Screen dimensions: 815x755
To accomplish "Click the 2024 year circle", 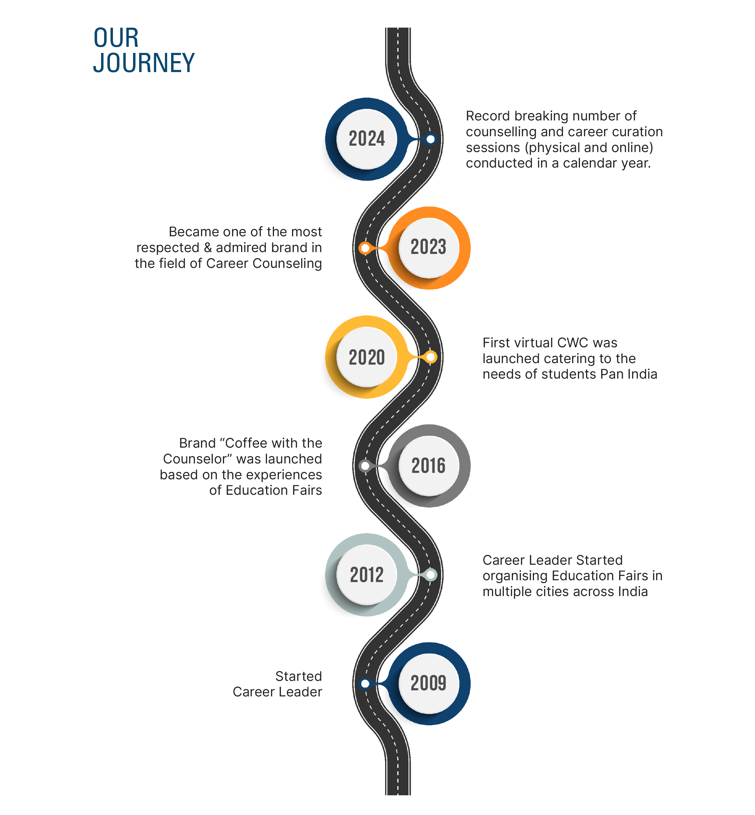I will [x=367, y=139].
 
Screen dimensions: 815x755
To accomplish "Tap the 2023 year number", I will [x=428, y=247].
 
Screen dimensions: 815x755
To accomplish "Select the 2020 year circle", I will [x=367, y=357].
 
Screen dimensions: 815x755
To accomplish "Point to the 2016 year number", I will [x=428, y=466].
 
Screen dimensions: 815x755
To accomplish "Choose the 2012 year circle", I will [x=367, y=575].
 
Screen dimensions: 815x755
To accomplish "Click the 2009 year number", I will [x=428, y=683].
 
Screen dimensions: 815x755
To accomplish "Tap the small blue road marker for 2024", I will [x=430, y=139].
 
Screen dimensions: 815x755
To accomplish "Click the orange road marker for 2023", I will [x=365, y=248].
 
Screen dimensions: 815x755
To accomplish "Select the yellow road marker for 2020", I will [x=430, y=357].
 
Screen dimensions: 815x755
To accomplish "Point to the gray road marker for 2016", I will [x=365, y=466].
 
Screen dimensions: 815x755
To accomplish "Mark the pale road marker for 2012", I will [x=430, y=575].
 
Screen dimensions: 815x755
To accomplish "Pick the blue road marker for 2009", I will [x=365, y=683].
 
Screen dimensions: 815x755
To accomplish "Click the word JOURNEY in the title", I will [x=144, y=63].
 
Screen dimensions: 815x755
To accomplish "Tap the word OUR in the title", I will [x=116, y=38].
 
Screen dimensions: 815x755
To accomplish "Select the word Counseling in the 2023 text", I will [x=287, y=263].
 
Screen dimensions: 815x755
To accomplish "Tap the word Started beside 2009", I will [x=298, y=676].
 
